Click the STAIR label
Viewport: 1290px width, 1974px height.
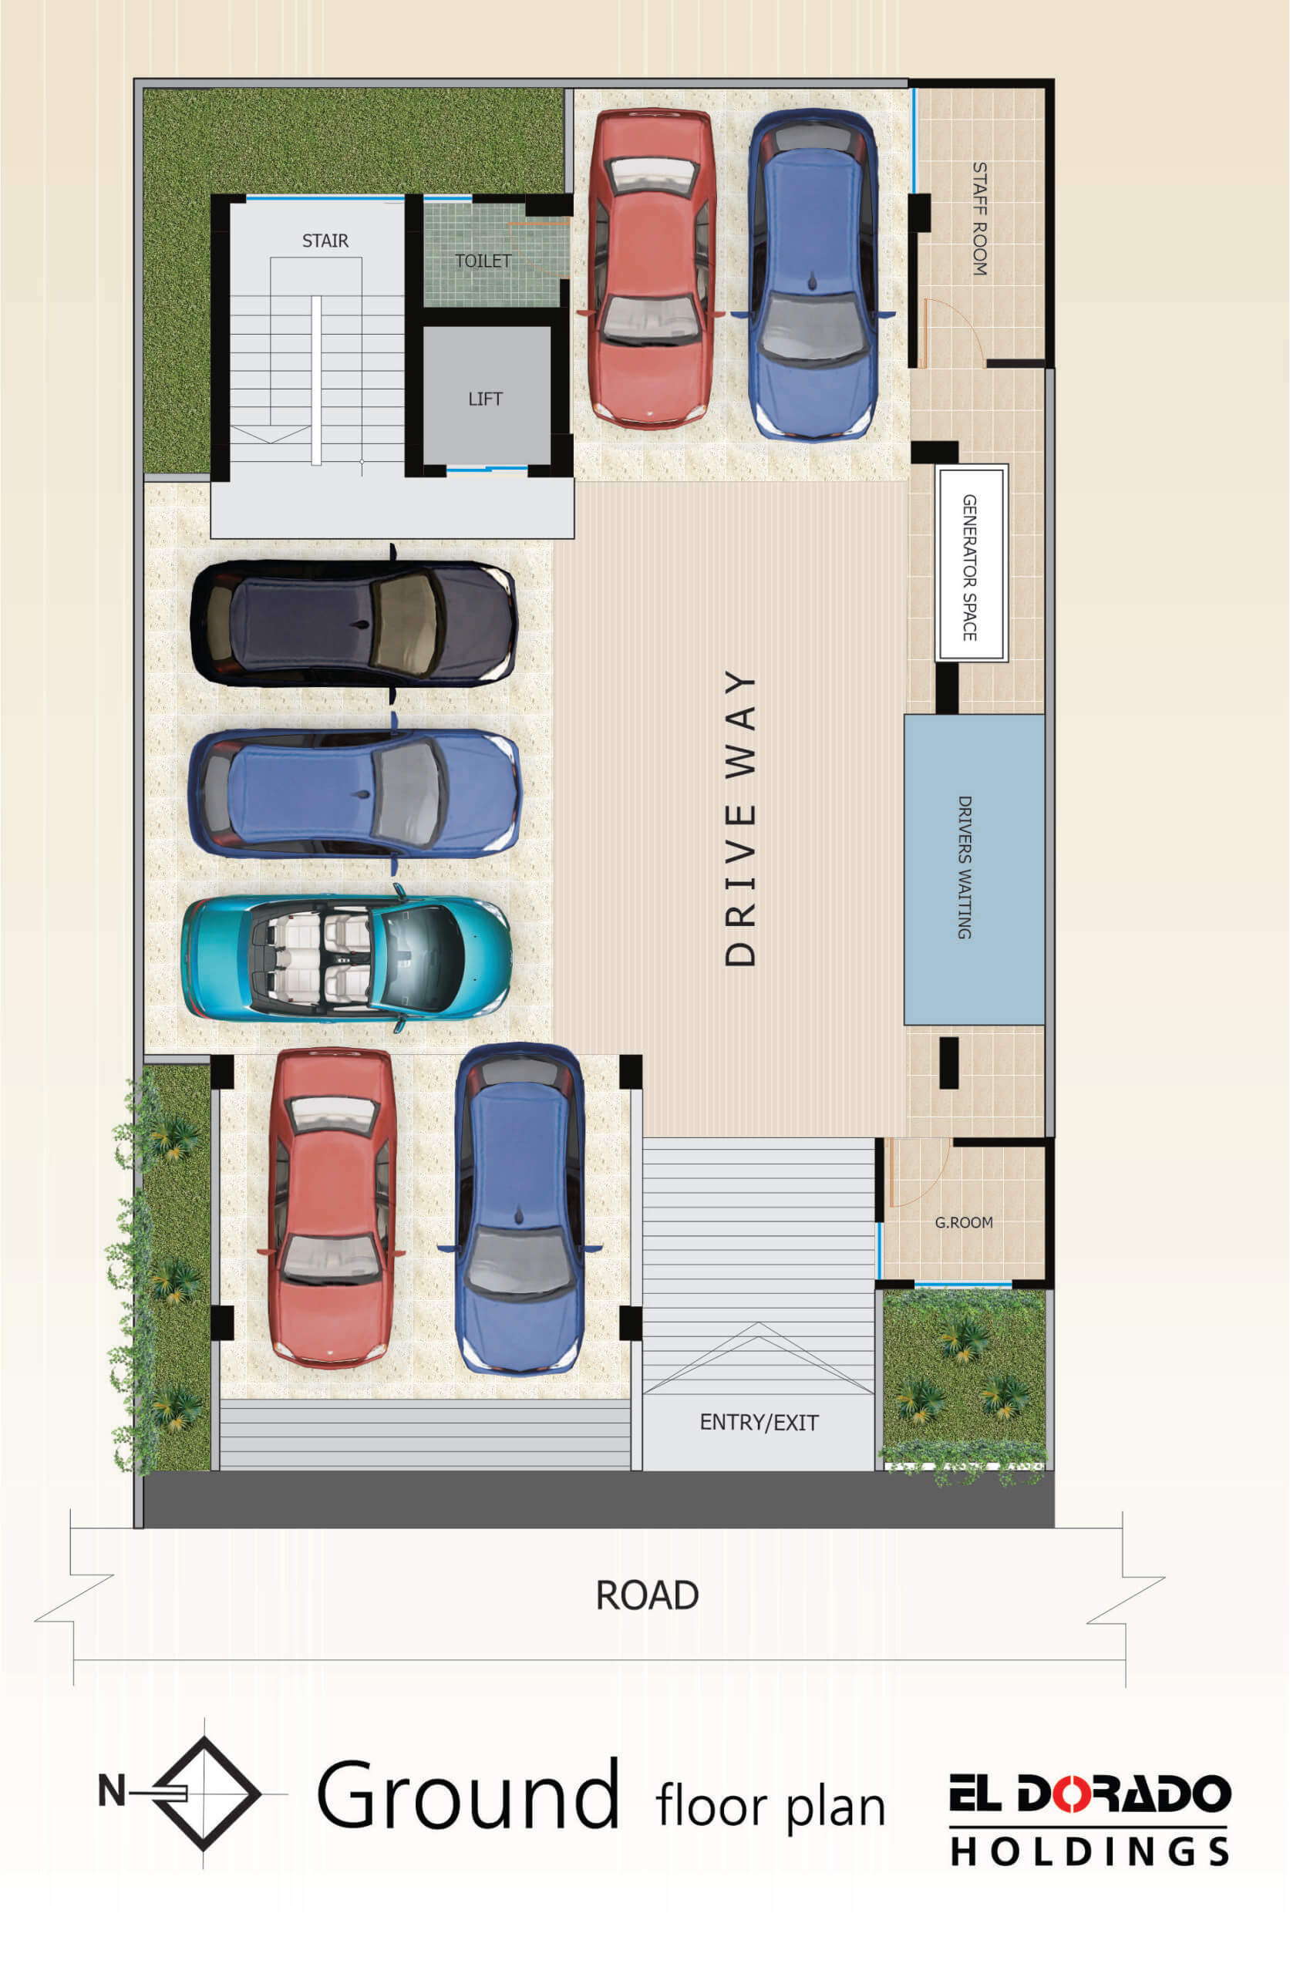325,241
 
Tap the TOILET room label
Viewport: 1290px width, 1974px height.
482,261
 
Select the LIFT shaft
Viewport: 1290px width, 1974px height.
486,395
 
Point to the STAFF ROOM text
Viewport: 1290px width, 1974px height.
980,218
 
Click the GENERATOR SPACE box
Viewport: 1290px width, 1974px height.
972,562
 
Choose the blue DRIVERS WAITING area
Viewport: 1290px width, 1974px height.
974,868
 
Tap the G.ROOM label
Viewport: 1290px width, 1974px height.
964,1222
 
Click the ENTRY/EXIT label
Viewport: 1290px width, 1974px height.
759,1423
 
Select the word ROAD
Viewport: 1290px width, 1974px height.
647,1595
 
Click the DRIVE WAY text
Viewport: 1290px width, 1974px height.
741,818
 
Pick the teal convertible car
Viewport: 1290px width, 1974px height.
346,958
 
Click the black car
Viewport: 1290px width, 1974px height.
354,623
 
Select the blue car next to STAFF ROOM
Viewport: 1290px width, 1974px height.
813,275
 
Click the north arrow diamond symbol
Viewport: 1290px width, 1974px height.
205,1794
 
